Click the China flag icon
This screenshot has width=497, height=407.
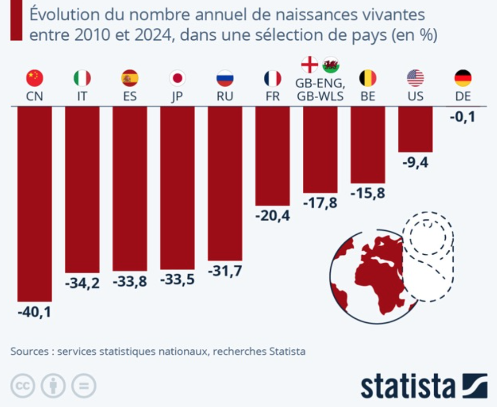pyautogui.click(x=34, y=78)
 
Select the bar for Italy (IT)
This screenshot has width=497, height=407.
pyautogui.click(x=82, y=189)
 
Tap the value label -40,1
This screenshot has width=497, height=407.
pyautogui.click(x=34, y=312)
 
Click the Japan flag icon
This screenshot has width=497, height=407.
pyautogui.click(x=177, y=78)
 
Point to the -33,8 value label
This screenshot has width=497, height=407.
pyautogui.click(x=129, y=282)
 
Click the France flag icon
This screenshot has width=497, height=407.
pyautogui.click(x=272, y=78)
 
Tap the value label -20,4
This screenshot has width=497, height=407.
pyautogui.click(x=272, y=216)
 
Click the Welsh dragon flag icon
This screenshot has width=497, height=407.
pyautogui.click(x=331, y=65)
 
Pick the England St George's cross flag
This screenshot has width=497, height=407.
pyautogui.click(x=310, y=65)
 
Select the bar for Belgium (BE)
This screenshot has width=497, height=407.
pyautogui.click(x=368, y=145)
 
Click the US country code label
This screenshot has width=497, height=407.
pyautogui.click(x=415, y=97)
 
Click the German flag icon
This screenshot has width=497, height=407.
pyautogui.click(x=463, y=78)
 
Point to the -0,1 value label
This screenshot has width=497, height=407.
pyautogui.click(x=463, y=117)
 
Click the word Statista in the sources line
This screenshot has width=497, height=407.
pyautogui.click(x=287, y=352)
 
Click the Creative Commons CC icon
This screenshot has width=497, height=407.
pyautogui.click(x=23, y=386)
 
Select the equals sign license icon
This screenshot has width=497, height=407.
pyautogui.click(x=83, y=386)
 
